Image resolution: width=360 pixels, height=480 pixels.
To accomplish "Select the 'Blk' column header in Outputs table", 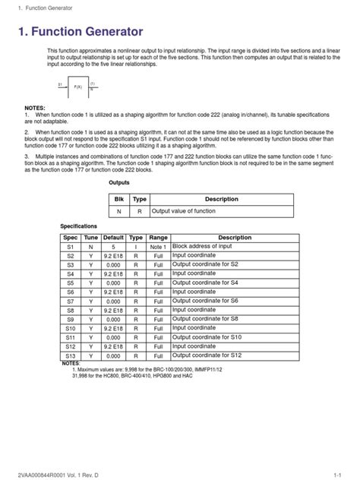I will click(x=119, y=198).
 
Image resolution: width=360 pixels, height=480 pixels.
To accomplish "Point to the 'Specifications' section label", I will click(x=79, y=226).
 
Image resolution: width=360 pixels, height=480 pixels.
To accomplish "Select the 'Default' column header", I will click(x=113, y=238).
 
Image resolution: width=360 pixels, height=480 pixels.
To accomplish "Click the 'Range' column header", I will click(x=159, y=238).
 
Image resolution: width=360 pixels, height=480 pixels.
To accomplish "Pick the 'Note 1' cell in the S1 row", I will click(x=159, y=248).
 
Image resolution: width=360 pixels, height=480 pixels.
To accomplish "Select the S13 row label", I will click(x=71, y=355).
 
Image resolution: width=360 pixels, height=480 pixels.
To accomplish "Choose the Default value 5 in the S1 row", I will click(x=113, y=248).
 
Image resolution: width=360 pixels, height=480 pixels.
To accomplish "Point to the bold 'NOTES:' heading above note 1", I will click(x=36, y=109).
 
